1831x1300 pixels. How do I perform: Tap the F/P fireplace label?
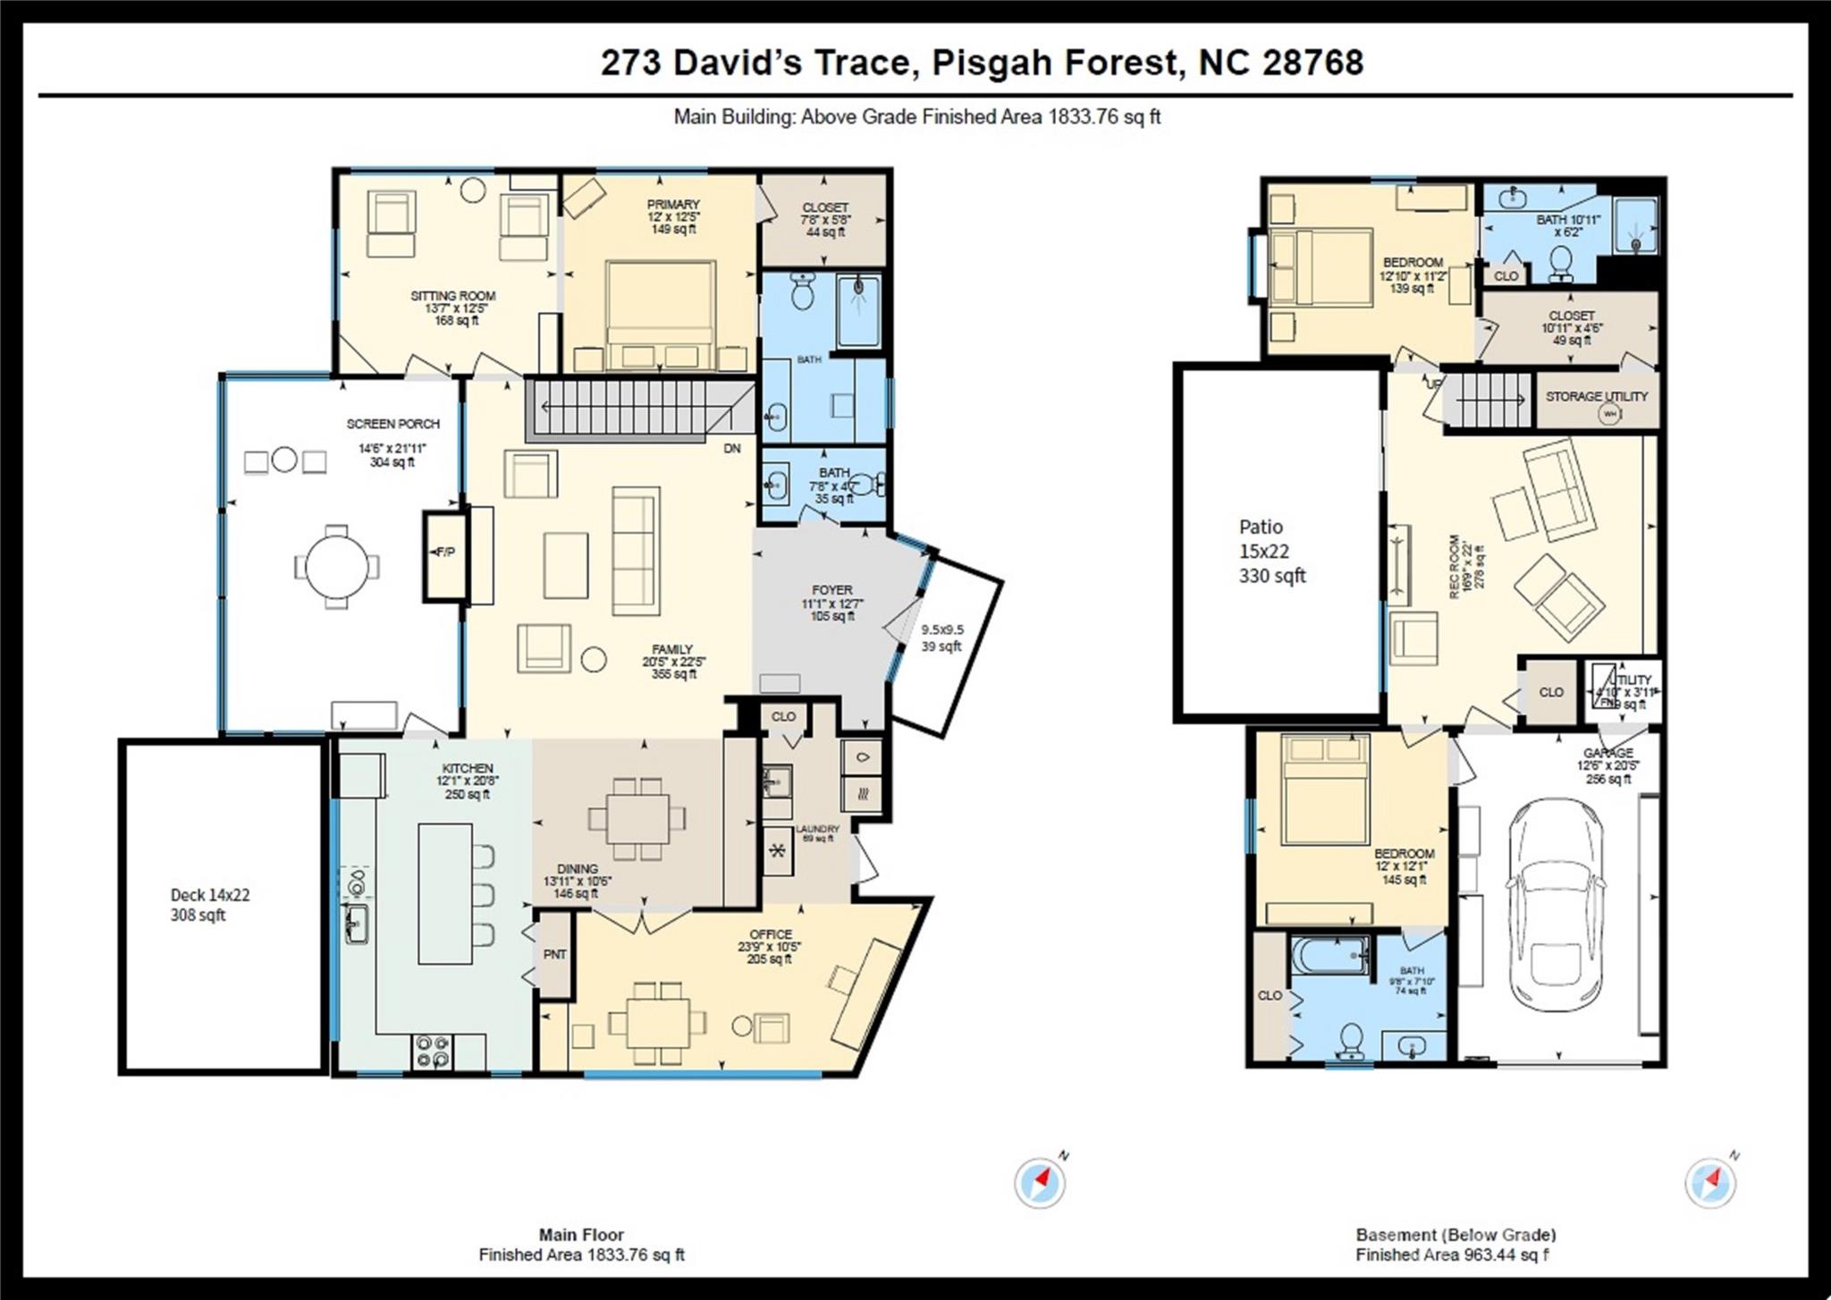tap(445, 553)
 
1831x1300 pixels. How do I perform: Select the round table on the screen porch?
tap(335, 567)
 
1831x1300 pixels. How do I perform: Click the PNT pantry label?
tap(554, 955)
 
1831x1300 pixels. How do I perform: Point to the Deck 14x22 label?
tap(210, 895)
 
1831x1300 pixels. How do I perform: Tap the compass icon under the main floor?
tap(1040, 1183)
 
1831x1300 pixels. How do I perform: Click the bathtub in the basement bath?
tap(1329, 958)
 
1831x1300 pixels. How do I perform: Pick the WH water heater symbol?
tap(1609, 414)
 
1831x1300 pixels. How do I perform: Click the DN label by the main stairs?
tap(732, 449)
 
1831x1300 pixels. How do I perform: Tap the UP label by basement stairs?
tap(1434, 384)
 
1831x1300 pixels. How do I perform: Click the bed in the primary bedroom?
tap(661, 313)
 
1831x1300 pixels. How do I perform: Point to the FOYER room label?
tap(831, 590)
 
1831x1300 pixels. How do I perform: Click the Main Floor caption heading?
tap(581, 1235)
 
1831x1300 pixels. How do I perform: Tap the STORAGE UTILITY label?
tap(1596, 396)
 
